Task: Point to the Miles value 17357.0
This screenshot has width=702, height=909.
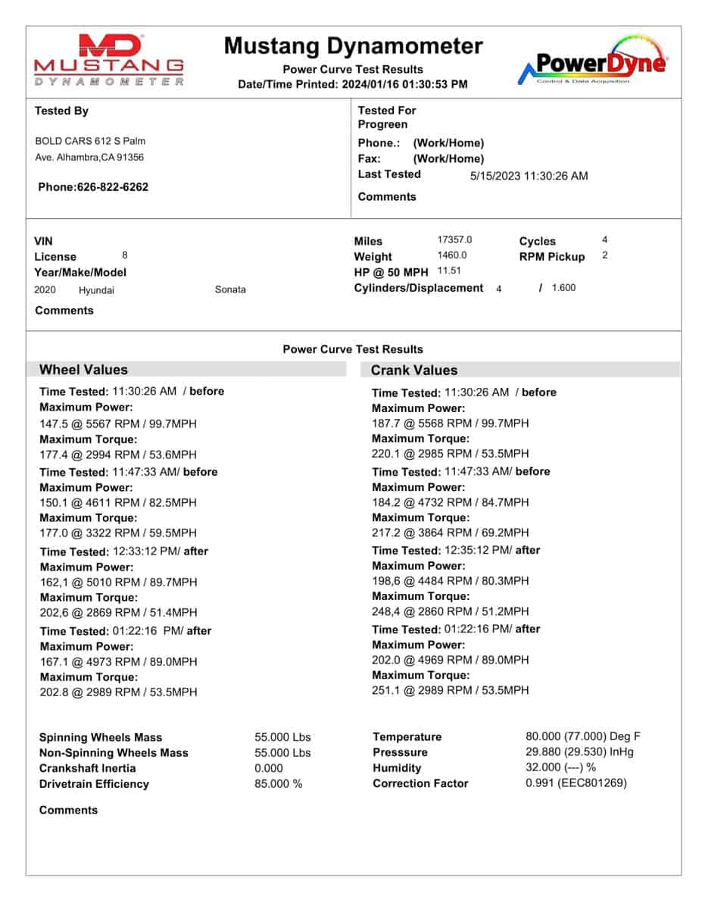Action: [x=454, y=239]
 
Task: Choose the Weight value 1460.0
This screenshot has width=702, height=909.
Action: [x=452, y=255]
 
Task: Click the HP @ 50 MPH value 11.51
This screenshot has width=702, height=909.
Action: [x=449, y=270]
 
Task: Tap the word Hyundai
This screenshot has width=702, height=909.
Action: [x=96, y=289]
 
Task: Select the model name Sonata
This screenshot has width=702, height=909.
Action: [x=230, y=289]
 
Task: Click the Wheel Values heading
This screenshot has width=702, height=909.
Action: [x=83, y=370]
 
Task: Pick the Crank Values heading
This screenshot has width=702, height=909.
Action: [x=414, y=370]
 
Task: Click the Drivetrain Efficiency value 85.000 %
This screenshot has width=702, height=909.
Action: [x=278, y=784]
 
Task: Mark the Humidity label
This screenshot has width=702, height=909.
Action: [x=397, y=768]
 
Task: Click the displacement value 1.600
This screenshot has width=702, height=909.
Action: [x=563, y=288]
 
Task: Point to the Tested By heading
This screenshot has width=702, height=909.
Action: [x=61, y=111]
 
